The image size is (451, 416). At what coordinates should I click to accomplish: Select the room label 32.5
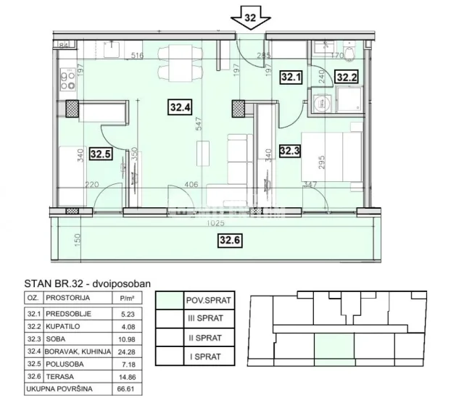[x=101, y=153]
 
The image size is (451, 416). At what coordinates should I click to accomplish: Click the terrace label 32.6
[x=230, y=241]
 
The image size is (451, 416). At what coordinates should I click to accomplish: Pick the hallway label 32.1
[x=291, y=75]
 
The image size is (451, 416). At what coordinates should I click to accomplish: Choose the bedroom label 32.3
[x=289, y=151]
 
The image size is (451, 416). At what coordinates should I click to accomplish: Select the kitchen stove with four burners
[x=67, y=76]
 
